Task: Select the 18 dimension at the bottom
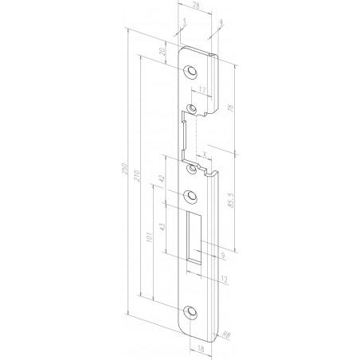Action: [x=198, y=348]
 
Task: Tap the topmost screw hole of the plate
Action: [x=190, y=71]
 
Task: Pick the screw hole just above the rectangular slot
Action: [x=190, y=196]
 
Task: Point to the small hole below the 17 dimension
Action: [x=191, y=107]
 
